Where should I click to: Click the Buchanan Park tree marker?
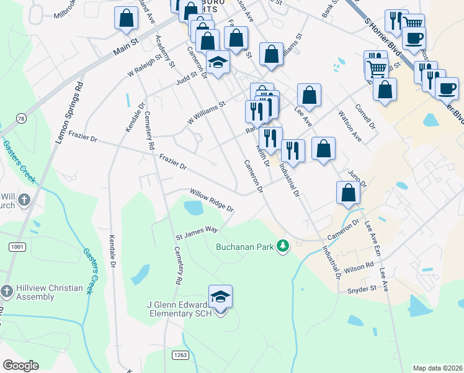click(x=283, y=246)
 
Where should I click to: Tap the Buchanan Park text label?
click(x=244, y=247)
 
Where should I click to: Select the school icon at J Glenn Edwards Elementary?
click(x=220, y=297)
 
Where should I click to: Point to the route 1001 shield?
click(x=17, y=247)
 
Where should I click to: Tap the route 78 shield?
click(x=22, y=119)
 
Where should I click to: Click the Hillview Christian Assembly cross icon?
click(x=7, y=291)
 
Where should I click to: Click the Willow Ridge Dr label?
click(x=211, y=200)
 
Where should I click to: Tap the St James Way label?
click(x=197, y=233)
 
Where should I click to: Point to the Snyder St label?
click(x=362, y=289)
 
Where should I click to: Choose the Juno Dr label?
click(x=357, y=178)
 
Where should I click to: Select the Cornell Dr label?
click(x=365, y=116)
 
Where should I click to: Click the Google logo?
click(x=20, y=366)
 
